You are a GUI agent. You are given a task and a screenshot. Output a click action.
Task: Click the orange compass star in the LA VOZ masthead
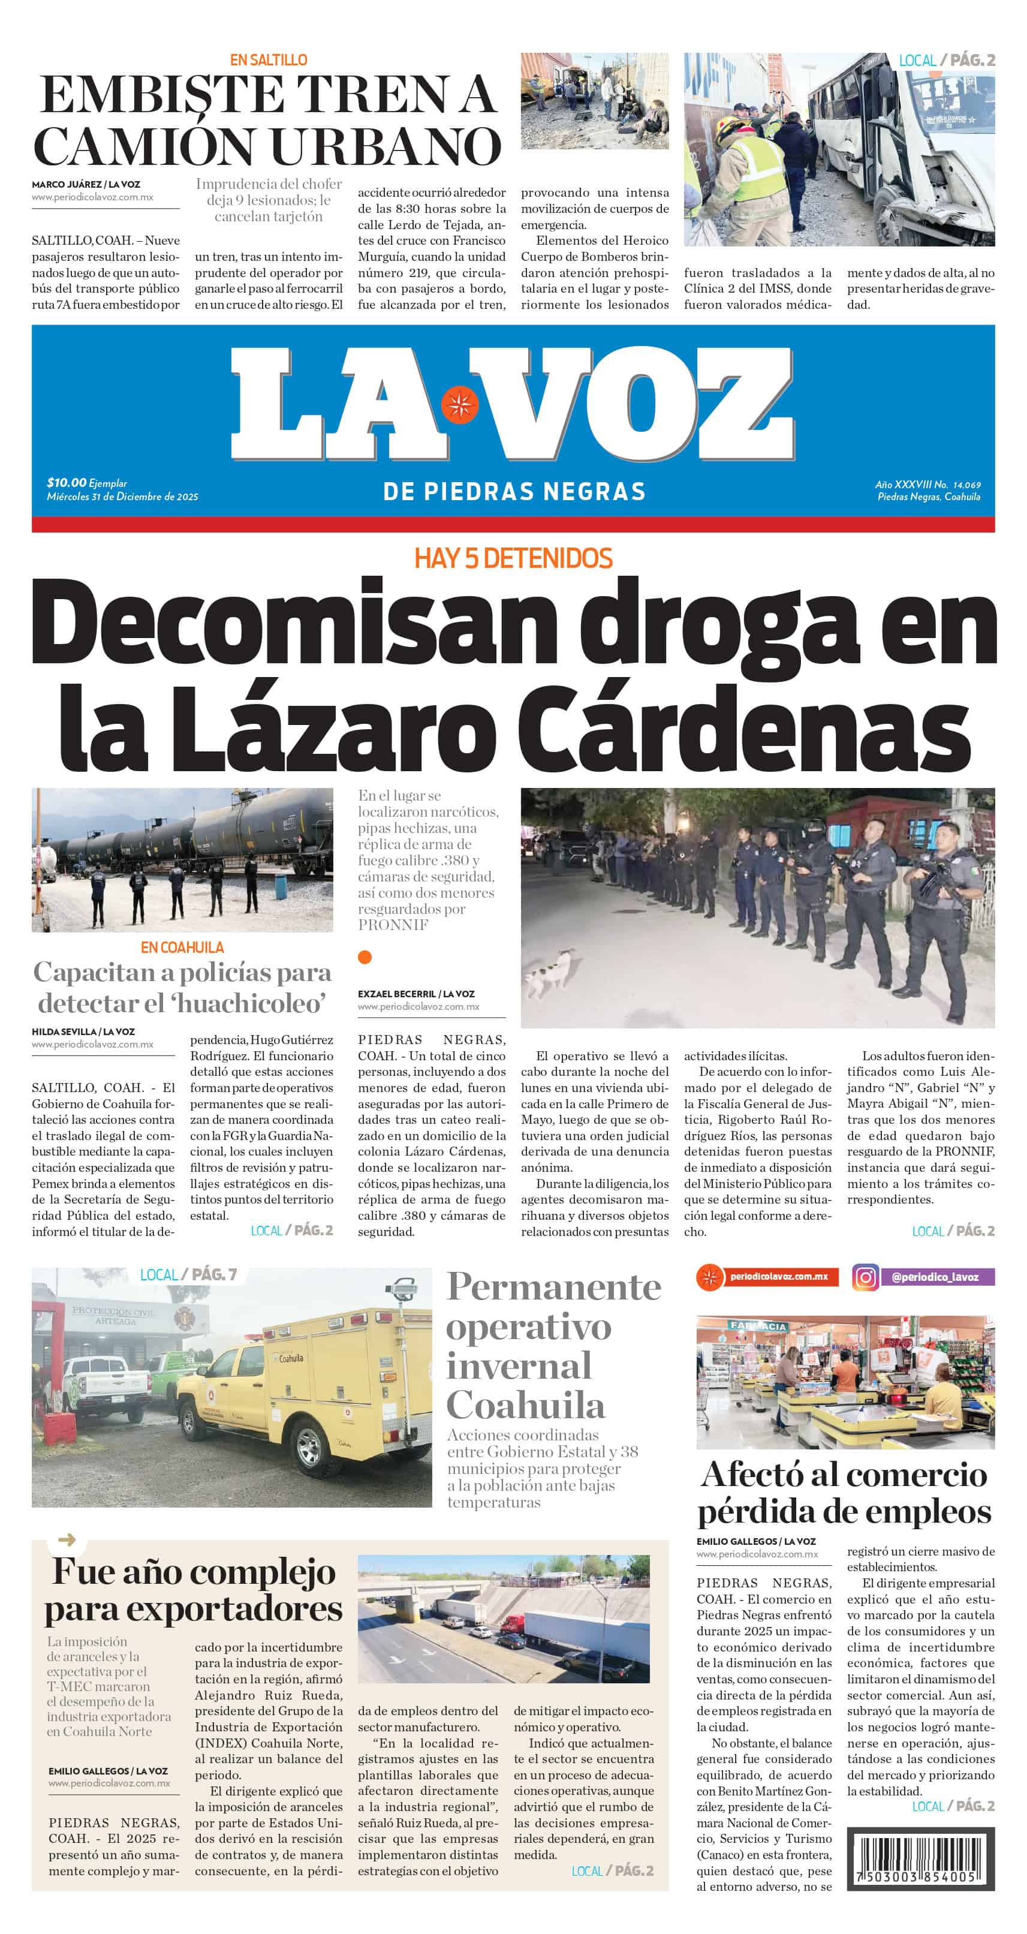pos(459,405)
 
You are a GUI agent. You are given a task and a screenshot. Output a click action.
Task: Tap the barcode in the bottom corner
pos(920,1859)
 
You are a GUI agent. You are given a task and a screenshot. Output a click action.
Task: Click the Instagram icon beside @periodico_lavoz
pos(865,1277)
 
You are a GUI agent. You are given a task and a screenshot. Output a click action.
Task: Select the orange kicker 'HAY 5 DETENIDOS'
pos(513,558)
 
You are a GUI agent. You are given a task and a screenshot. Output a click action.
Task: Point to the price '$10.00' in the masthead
pos(66,482)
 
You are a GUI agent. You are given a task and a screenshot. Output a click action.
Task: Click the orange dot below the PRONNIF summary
pos(365,957)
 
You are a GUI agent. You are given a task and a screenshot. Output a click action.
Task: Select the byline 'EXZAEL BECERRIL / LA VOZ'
pos(416,993)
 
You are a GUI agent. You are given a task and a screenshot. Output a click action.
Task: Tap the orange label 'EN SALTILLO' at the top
pos(268,60)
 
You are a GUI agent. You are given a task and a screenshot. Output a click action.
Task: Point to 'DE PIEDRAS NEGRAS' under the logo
pos(513,492)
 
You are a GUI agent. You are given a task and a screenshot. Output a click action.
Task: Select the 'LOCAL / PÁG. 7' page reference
pos(188,1275)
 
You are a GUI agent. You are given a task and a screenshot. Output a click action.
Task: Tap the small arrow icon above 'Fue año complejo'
pos(67,1541)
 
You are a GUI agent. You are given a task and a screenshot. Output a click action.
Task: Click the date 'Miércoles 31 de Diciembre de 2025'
pos(122,497)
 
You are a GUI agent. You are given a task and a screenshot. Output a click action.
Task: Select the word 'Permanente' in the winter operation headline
pos(553,1288)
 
